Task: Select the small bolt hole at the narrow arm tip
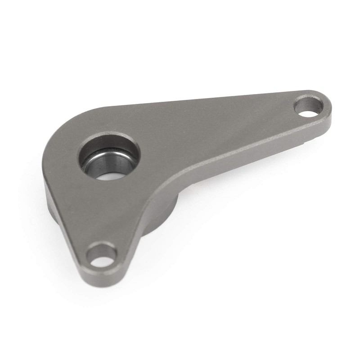(308, 106)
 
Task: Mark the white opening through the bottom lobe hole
(104, 260)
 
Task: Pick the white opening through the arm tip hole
(310, 110)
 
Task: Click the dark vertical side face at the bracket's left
(50, 198)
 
